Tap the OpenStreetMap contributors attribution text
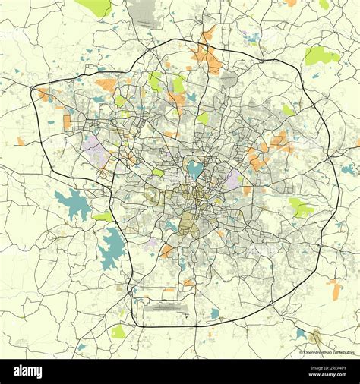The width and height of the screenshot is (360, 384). [x=328, y=353]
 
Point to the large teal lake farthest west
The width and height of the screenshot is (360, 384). [x=72, y=204]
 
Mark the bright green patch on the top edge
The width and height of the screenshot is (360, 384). [x=96, y=7]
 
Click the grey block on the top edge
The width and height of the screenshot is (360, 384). [x=142, y=9]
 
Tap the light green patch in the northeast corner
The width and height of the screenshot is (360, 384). [x=320, y=55]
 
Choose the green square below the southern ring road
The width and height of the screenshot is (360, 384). [x=118, y=332]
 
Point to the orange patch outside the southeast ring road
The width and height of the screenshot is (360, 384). [x=336, y=290]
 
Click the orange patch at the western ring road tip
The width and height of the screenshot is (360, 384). [x=43, y=94]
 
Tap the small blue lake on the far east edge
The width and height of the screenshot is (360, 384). [x=348, y=169]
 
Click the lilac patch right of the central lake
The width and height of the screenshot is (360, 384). [x=232, y=179]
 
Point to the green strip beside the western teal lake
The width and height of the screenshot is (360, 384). [x=103, y=216]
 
